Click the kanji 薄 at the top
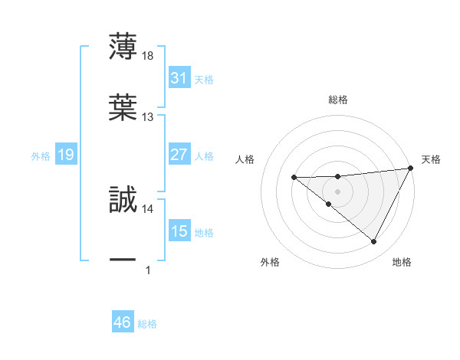coord(123,47)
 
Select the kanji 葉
coord(123,106)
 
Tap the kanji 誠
coord(123,198)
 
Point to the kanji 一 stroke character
coord(123,260)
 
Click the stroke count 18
coord(148,56)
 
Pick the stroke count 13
coord(148,117)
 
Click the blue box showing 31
coord(179,78)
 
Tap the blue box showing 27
coord(179,155)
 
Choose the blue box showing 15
coord(179,231)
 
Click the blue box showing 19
coord(66,155)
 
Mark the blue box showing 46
coord(123,322)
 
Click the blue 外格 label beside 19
coord(41,156)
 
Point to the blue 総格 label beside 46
coord(147,324)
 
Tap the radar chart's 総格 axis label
coord(337,100)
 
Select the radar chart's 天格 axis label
coord(431,159)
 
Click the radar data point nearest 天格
coord(412,168)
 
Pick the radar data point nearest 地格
coord(374,242)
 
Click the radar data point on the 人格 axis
coord(294,178)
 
